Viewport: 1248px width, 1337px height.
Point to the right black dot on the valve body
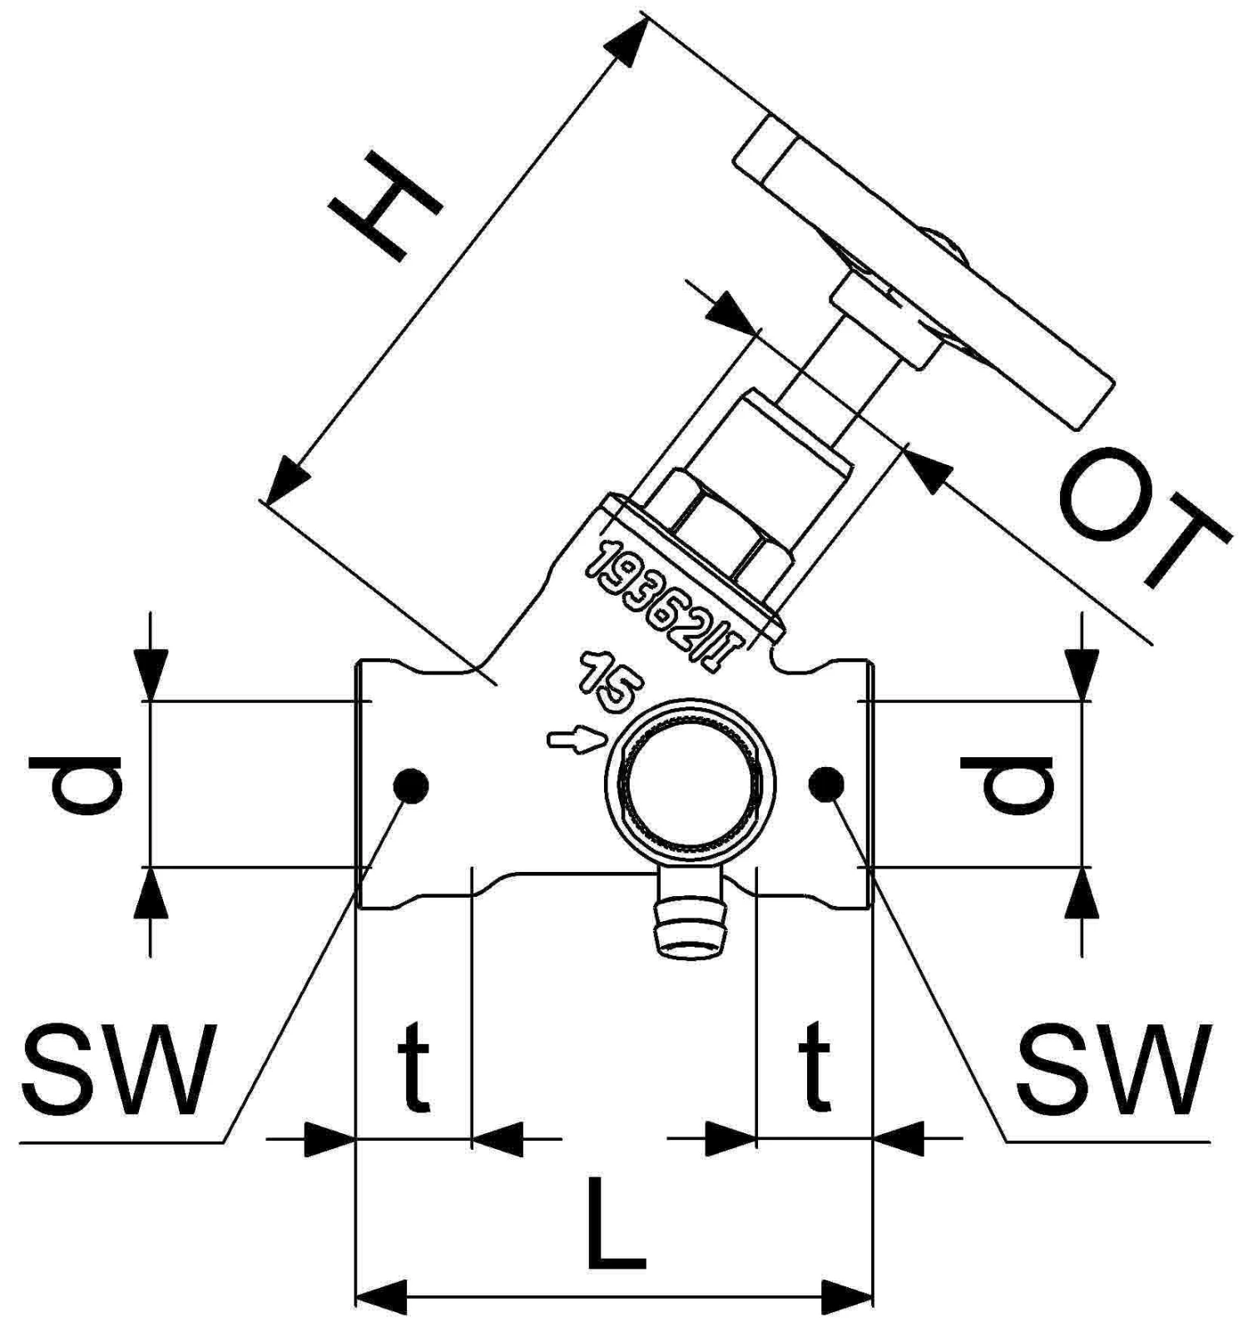(825, 782)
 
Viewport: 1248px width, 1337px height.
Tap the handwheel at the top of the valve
(924, 275)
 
